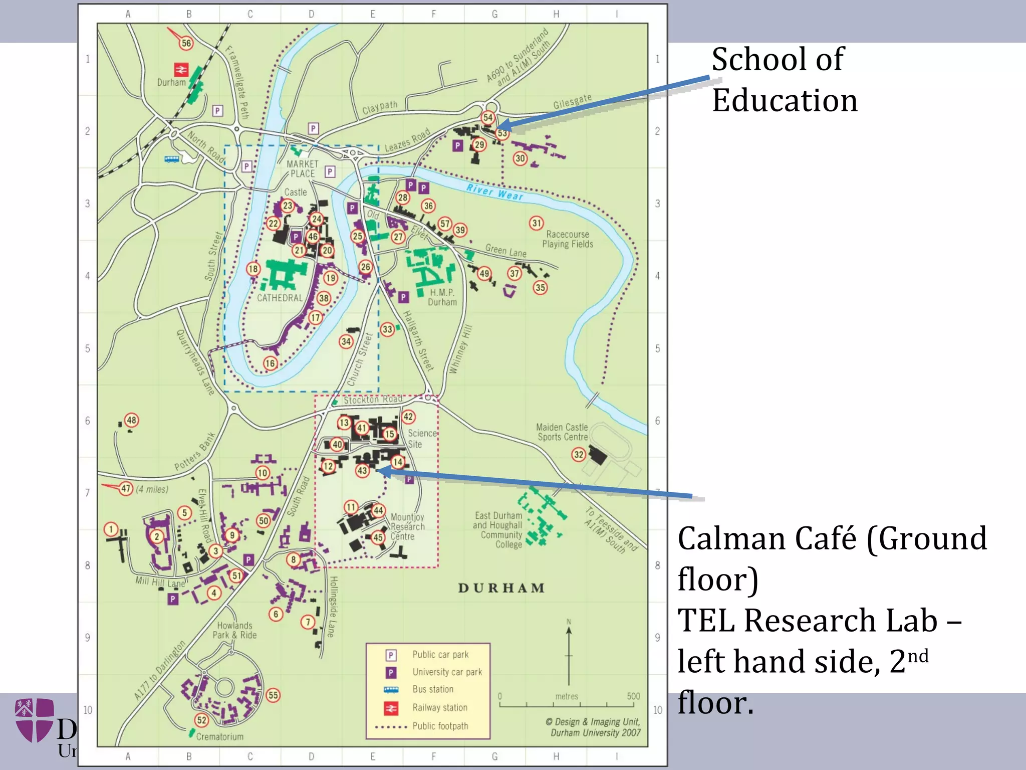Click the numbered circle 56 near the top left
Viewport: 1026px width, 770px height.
[x=186, y=43]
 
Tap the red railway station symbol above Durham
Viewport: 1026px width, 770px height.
[x=181, y=69]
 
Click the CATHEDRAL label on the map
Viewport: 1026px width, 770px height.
[x=280, y=298]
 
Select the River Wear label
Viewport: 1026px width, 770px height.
[x=494, y=192]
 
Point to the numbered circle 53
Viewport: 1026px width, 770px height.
[x=502, y=133]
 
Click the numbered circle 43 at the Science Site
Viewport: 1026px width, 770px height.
[x=362, y=470]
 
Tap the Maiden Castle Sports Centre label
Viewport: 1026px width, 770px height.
[x=562, y=432]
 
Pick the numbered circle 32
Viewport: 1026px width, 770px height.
[x=579, y=455]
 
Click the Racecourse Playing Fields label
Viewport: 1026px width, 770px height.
[x=567, y=239]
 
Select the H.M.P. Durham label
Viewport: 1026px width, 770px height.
[x=442, y=297]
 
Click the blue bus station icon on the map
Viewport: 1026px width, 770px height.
[x=172, y=159]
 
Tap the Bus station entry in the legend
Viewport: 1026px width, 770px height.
[x=433, y=689]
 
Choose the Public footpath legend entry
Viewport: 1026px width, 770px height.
[x=440, y=726]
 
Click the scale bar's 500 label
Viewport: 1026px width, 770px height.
[x=633, y=696]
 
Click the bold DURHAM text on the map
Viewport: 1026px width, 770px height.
[x=501, y=588]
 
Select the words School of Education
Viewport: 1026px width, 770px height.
[x=785, y=80]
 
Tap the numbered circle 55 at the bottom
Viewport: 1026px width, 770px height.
[x=273, y=695]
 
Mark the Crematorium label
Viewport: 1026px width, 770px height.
[x=219, y=736]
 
